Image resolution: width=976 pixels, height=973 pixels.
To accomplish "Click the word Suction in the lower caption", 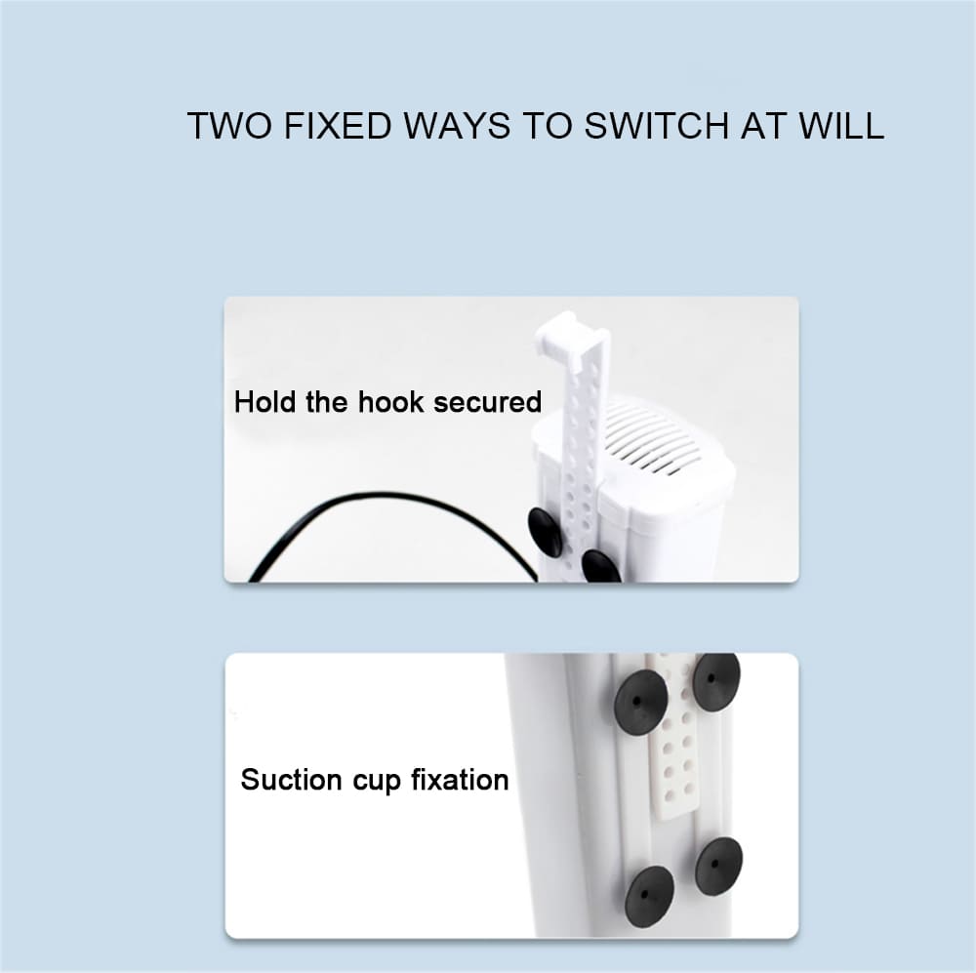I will pyautogui.click(x=292, y=781).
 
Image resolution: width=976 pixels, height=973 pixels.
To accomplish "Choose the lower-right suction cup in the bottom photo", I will pyautogui.click(x=718, y=864).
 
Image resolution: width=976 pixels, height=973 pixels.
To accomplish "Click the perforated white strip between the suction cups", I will pyautogui.click(x=674, y=742).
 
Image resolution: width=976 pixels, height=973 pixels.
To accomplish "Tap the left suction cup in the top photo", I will pyautogui.click(x=546, y=532).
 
